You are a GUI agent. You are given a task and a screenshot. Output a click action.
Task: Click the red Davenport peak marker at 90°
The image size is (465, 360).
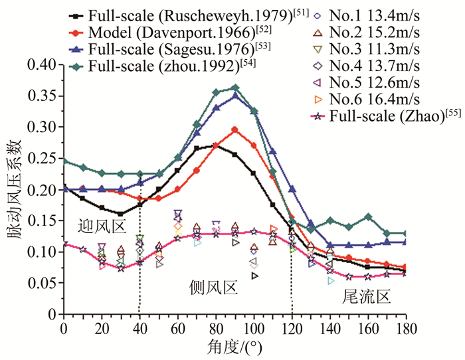pyautogui.click(x=234, y=130)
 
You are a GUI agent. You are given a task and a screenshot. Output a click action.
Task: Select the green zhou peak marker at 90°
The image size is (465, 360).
pyautogui.click(x=234, y=88)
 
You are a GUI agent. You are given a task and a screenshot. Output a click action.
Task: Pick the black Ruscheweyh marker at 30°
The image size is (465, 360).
pyautogui.click(x=120, y=214)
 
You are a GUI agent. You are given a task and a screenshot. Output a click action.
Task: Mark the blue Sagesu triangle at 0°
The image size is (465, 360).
pyautogui.click(x=64, y=189)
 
